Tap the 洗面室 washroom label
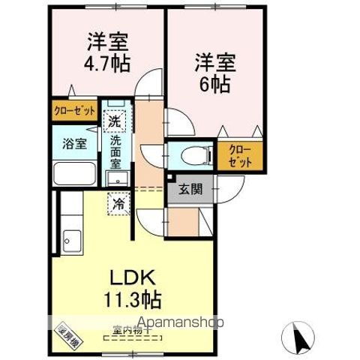click(x=116, y=149)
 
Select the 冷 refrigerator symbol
click(x=118, y=202)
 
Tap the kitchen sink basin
click(x=73, y=241)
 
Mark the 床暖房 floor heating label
click(x=70, y=332)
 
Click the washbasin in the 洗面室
click(x=115, y=178)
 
